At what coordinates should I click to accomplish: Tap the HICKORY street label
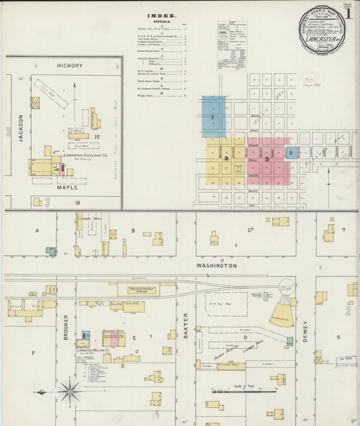click(x=70, y=66)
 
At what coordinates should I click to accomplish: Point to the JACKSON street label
click(x=21, y=126)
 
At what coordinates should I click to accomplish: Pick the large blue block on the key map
click(x=213, y=116)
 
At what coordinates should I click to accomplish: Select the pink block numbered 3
click(x=268, y=160)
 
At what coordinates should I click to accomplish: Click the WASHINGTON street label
click(x=216, y=266)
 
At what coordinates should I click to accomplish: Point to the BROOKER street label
click(x=66, y=327)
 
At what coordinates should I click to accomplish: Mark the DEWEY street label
click(x=305, y=331)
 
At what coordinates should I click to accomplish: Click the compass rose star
click(x=70, y=390)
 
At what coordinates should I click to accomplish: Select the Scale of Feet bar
click(x=244, y=390)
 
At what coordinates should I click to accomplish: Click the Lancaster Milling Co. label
click(x=88, y=351)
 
